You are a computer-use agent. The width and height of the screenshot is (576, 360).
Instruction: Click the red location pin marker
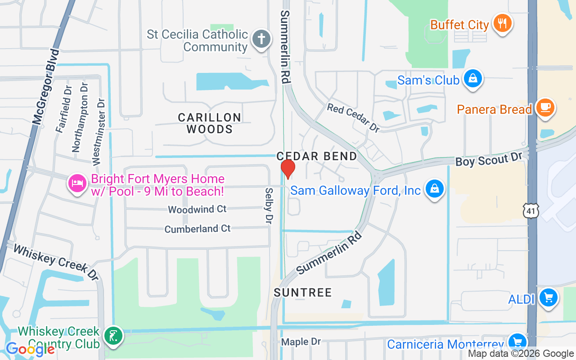point(288,169)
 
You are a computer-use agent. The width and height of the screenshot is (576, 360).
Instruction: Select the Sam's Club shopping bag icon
point(473,79)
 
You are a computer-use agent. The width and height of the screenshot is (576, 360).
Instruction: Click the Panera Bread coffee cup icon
point(546,108)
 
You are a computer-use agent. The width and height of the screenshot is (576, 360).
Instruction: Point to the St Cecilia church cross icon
point(261,39)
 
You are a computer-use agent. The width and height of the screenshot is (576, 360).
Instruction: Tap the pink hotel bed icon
point(77,183)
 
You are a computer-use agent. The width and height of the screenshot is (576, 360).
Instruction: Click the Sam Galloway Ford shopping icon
point(435,189)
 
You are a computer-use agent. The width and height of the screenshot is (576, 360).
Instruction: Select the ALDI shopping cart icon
point(549,298)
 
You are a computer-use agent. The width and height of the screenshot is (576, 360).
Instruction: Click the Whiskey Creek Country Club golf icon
point(113,336)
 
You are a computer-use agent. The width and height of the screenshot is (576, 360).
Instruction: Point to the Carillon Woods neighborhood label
point(209,123)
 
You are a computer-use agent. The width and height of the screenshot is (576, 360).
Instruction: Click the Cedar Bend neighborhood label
point(317,156)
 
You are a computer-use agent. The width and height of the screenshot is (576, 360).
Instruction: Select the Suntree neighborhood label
point(303,292)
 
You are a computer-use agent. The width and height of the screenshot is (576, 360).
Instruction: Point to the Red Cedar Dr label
point(353,118)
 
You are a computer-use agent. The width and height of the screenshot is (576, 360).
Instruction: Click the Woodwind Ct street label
point(197,209)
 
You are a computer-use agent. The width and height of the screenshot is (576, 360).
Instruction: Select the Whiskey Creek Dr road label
point(55,262)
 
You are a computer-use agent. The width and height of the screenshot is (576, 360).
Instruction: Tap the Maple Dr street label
point(301,342)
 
